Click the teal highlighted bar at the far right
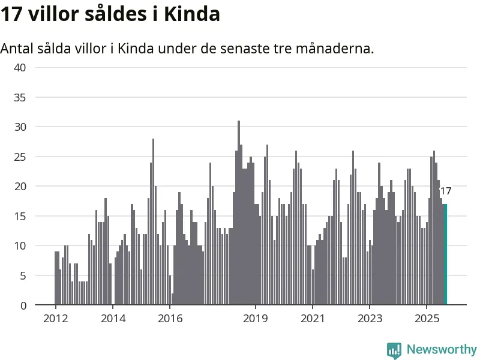point(445,255)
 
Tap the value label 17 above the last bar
point(445,191)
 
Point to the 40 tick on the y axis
point(20,67)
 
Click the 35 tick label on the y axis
point(20,97)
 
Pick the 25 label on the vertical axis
point(20,157)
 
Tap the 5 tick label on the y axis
point(23,275)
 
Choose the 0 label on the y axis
point(23,305)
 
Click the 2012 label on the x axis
point(55,318)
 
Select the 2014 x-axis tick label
point(112,318)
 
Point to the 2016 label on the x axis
point(169,318)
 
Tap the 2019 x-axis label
point(255,318)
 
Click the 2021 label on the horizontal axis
point(312,318)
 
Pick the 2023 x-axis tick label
point(369,318)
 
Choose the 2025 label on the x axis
point(426,318)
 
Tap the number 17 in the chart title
point(11,14)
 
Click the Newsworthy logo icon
point(394,350)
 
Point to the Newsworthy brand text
point(442,349)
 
